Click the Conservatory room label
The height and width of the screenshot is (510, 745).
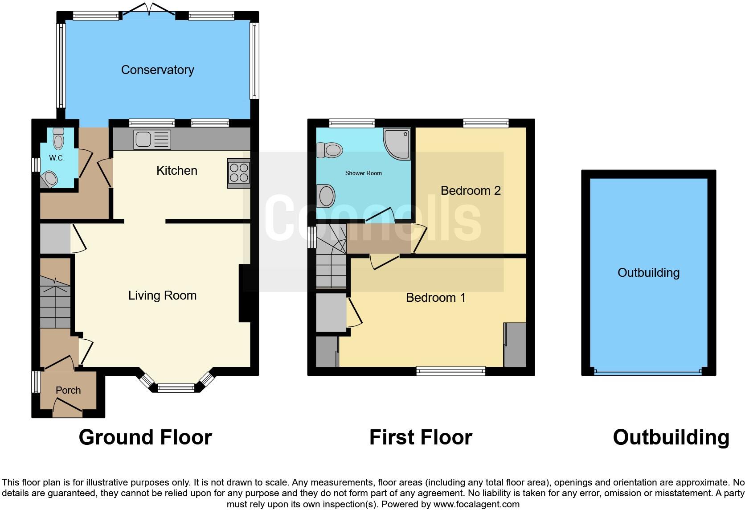click(x=157, y=70)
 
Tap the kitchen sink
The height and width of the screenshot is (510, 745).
click(x=152, y=140)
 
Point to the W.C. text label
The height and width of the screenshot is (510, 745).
click(x=57, y=158)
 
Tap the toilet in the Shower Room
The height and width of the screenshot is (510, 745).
click(x=329, y=150)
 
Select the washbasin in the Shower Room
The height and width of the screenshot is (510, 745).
click(x=327, y=196)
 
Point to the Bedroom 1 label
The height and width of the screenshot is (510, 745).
click(x=435, y=298)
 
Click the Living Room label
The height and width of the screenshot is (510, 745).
click(x=162, y=296)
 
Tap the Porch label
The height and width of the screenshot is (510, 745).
click(x=68, y=391)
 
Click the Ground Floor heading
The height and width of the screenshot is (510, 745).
click(x=145, y=437)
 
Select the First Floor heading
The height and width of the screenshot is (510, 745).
click(x=420, y=437)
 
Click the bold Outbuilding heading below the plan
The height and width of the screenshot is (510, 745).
click(x=671, y=437)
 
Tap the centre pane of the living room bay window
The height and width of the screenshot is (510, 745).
click(x=176, y=388)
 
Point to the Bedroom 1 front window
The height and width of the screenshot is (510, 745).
click(x=450, y=371)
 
